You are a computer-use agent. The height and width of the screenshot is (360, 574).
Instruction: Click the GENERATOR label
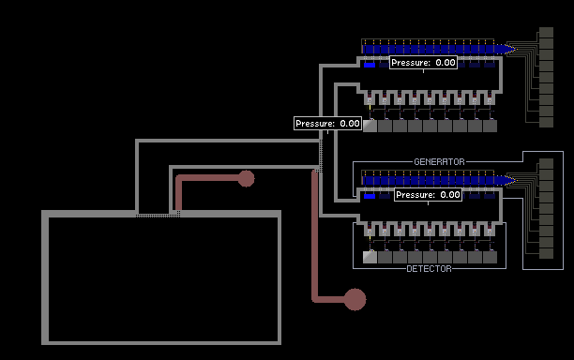click(x=439, y=161)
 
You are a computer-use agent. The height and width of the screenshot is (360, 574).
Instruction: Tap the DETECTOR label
click(x=429, y=269)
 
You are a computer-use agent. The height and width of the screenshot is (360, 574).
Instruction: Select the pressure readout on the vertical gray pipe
click(x=327, y=124)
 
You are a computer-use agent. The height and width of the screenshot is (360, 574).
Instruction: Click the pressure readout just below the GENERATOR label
click(x=428, y=195)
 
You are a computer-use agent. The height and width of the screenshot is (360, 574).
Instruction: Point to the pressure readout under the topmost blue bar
click(x=423, y=63)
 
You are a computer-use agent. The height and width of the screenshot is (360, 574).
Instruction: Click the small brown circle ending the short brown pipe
click(x=247, y=178)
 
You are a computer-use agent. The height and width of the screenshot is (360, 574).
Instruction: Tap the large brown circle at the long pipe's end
click(x=355, y=299)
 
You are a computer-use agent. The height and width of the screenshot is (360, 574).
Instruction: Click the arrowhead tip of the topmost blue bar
click(x=516, y=49)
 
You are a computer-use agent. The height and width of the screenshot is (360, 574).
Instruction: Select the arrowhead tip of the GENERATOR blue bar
click(x=516, y=180)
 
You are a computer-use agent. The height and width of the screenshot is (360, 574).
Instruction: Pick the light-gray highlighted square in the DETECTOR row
click(x=370, y=257)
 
